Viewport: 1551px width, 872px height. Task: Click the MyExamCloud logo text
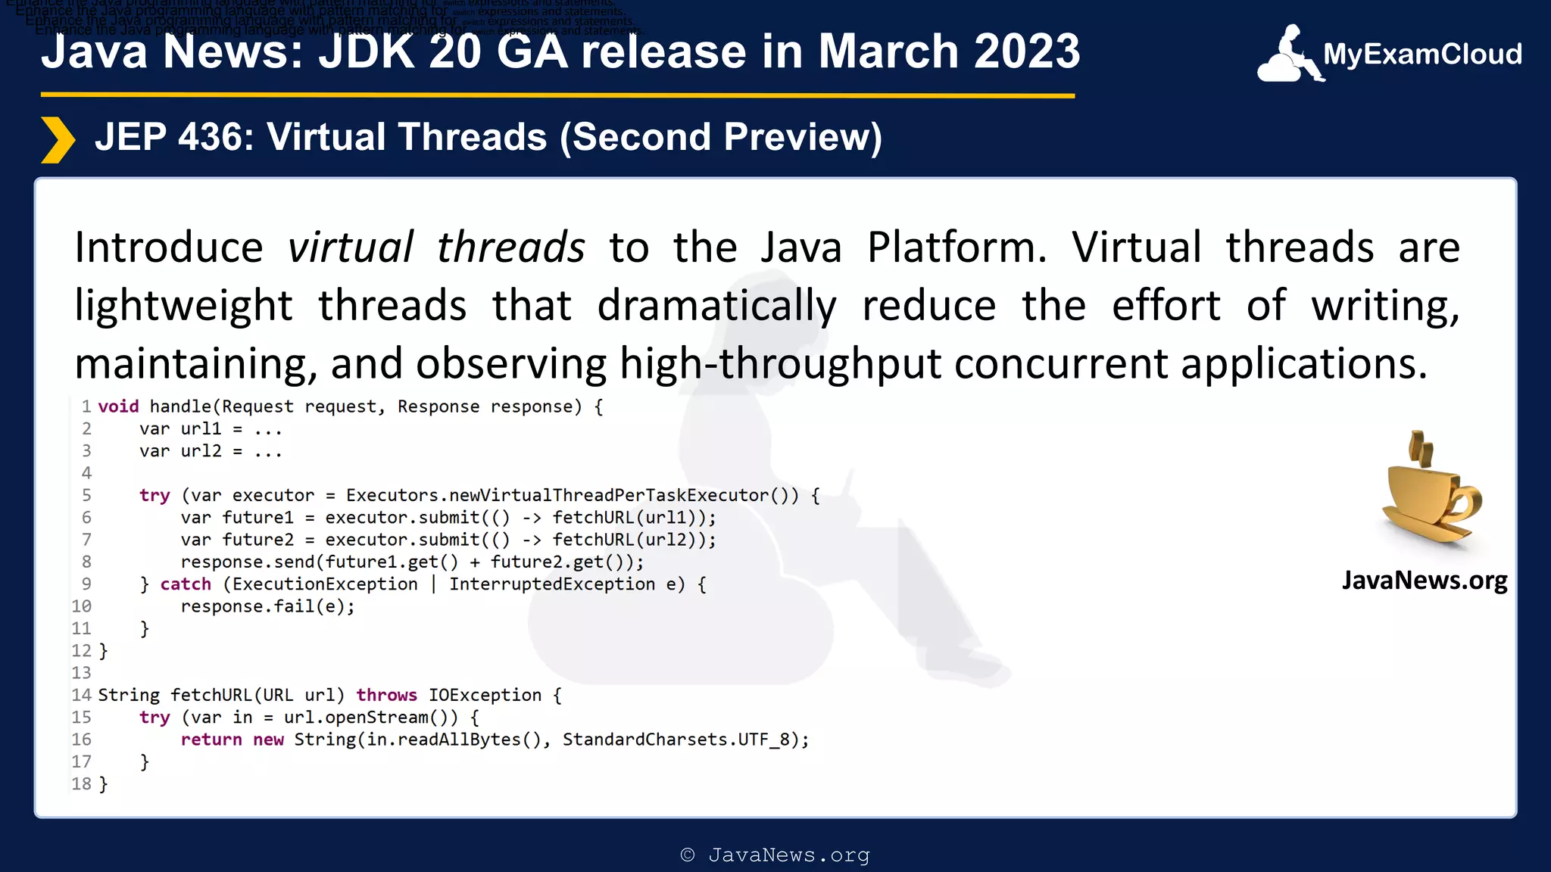coord(1421,54)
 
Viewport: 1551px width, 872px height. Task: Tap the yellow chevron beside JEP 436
coord(58,139)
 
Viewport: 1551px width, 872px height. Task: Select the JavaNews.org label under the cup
coord(1424,581)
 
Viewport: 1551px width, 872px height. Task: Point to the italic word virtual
coord(350,248)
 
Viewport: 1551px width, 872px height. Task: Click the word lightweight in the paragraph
coord(183,306)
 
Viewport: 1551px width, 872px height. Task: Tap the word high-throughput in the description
coord(780,364)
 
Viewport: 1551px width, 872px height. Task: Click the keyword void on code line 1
coord(118,406)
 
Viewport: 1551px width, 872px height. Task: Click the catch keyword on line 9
coord(186,584)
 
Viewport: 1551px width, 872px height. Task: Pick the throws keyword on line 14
coord(386,696)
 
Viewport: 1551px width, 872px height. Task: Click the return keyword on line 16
coord(211,740)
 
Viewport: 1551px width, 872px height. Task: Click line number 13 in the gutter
coord(81,673)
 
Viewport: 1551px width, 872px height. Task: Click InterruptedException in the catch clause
coord(552,584)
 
